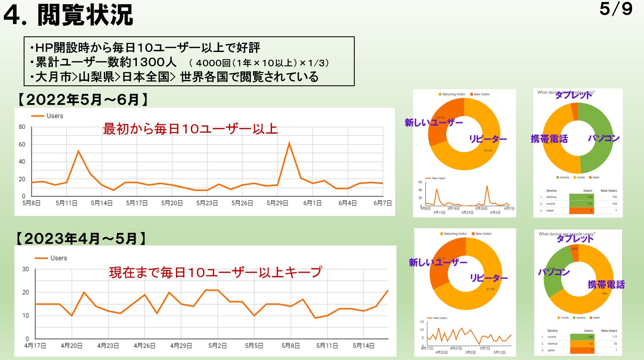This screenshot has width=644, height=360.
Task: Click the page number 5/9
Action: (615, 9)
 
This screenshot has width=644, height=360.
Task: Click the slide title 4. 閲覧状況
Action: (68, 15)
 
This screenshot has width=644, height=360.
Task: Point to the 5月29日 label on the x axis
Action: (277, 203)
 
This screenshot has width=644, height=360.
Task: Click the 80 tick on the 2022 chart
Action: (22, 127)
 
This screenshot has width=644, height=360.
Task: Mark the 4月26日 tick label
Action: (144, 346)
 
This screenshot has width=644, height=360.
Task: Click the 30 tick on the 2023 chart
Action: (26, 269)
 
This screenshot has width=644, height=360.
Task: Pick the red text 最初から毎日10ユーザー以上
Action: (190, 129)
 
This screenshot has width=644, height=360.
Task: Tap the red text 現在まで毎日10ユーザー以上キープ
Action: (215, 272)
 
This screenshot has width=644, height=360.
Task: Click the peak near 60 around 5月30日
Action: (289, 143)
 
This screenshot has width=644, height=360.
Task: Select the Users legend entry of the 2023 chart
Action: (51, 258)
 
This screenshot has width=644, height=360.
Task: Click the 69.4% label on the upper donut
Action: (488, 151)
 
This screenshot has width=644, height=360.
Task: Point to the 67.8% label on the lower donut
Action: (490, 289)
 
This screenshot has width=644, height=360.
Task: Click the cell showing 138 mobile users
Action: (582, 337)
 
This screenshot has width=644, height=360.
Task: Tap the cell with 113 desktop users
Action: (582, 197)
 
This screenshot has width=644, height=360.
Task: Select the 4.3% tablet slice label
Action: (574, 249)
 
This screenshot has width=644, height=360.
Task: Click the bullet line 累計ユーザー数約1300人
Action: (106, 63)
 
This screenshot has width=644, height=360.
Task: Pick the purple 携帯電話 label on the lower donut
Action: (606, 284)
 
